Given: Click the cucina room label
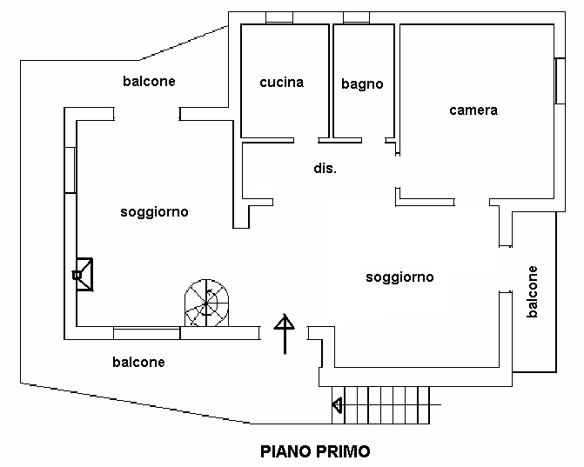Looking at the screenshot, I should [281, 83].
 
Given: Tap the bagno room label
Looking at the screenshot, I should [362, 84].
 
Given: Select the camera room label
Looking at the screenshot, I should [473, 110].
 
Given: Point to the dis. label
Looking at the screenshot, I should [325, 169].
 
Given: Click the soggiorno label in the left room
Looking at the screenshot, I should [155, 211].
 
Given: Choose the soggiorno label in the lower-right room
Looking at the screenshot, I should [399, 277].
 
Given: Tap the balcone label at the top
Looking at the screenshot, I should [150, 81].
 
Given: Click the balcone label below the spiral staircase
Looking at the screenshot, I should [138, 362].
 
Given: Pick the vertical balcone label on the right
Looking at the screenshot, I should [533, 292].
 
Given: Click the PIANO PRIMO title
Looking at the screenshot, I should [316, 451].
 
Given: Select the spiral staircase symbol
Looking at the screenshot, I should [205, 304].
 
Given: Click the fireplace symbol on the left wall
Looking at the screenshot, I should [84, 274].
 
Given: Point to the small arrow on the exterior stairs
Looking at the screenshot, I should [337, 404].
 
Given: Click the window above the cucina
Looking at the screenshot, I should [279, 17].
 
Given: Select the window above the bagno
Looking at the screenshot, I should [357, 17].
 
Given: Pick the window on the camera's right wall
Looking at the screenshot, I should [558, 83].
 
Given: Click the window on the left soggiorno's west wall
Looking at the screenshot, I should [70, 170].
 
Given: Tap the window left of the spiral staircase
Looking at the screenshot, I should [147, 331].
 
